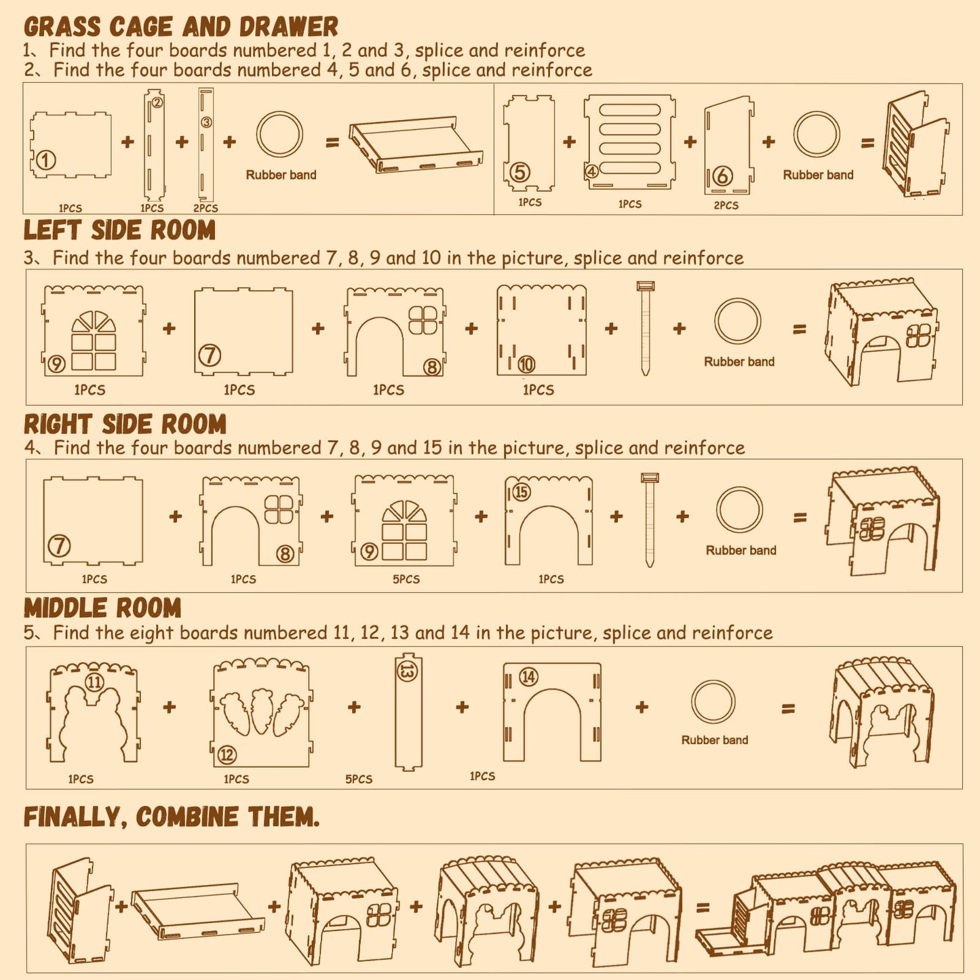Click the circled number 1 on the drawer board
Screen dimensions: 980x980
45,161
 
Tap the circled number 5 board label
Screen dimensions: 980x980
520,172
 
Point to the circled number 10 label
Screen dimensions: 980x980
526,364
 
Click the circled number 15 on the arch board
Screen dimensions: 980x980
522,492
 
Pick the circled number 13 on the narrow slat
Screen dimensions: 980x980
408,672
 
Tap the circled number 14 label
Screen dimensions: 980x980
528,677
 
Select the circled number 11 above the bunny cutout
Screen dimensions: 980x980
94,682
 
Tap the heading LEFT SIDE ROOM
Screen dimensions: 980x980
119,230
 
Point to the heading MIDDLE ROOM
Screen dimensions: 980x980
102,608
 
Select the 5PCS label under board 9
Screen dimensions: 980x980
406,579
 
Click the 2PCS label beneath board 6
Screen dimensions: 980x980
726,205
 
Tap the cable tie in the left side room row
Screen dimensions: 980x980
645,328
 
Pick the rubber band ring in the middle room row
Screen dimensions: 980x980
713,703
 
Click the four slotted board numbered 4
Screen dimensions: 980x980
629,141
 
